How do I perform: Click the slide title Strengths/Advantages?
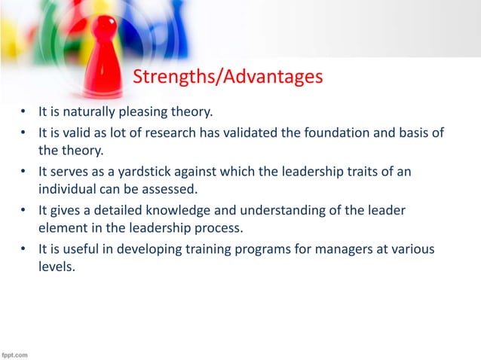click(227, 76)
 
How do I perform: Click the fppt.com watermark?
click(16, 353)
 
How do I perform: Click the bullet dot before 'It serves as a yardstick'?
click(23, 172)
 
